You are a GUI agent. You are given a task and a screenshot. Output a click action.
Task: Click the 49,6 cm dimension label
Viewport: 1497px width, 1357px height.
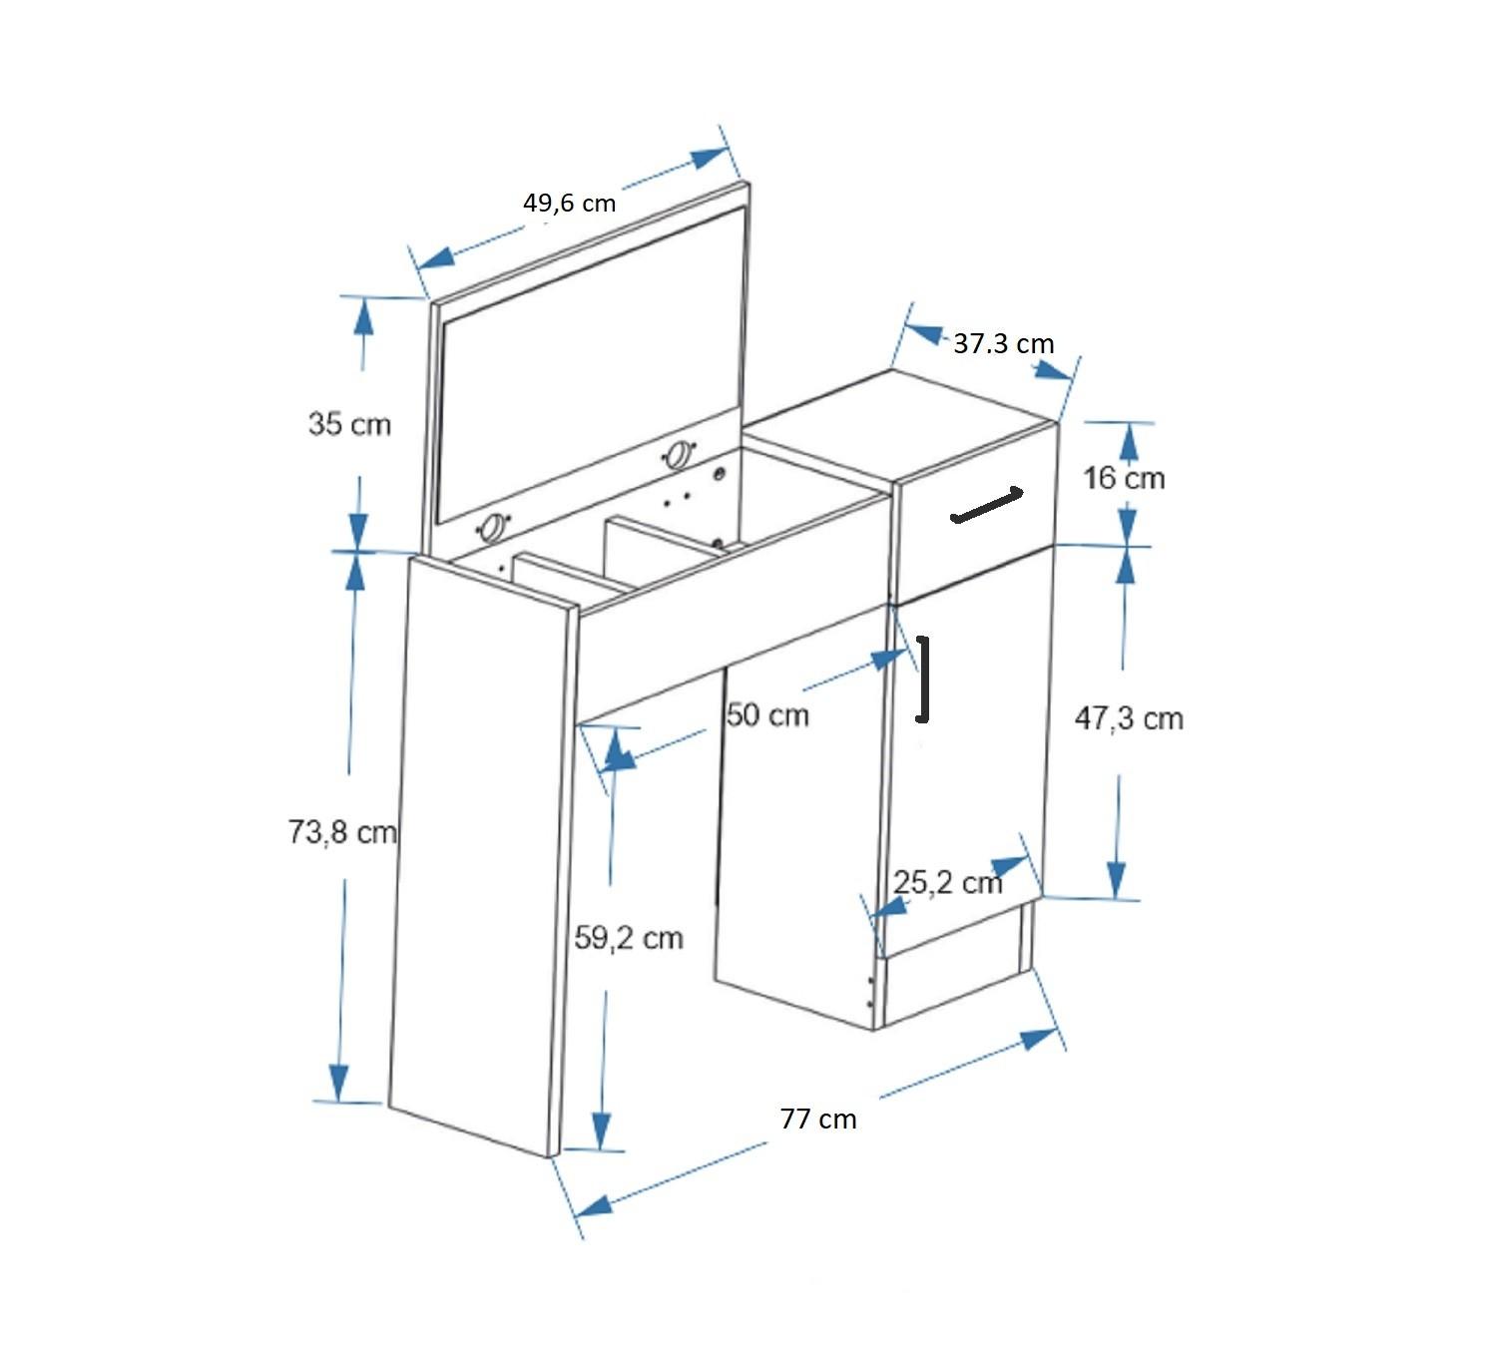(569, 204)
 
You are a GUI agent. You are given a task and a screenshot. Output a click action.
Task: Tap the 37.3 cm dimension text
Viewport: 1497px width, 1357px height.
(1003, 344)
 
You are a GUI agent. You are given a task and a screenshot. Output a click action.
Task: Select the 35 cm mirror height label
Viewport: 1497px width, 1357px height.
(349, 424)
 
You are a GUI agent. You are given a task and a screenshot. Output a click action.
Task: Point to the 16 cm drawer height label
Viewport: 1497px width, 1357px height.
(1124, 479)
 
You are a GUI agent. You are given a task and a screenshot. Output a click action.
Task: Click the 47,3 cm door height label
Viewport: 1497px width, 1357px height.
(1129, 719)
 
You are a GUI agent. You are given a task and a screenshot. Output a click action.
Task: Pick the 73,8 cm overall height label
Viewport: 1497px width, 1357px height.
(342, 832)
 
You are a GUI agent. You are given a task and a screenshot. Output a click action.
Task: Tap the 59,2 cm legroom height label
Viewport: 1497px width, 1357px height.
(629, 939)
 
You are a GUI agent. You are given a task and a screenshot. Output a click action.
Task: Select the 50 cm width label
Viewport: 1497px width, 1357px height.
(767, 715)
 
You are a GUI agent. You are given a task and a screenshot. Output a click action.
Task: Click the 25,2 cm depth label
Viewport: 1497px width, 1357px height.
(946, 883)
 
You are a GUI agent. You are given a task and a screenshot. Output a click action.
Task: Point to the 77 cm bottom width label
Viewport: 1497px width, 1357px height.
(818, 1120)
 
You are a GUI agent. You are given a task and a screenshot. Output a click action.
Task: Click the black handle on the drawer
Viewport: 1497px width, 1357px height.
(987, 505)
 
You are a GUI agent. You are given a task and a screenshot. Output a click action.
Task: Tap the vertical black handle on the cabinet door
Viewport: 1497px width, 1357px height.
(924, 679)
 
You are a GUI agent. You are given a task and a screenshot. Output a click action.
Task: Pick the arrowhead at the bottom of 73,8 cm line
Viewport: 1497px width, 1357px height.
(338, 1084)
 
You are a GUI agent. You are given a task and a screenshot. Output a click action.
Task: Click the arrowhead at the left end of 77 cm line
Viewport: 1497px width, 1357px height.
(594, 1204)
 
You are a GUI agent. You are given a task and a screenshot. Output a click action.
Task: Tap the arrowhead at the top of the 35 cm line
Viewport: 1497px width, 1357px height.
(363, 316)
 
